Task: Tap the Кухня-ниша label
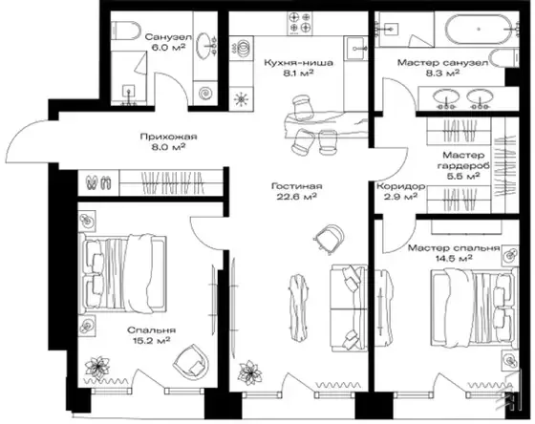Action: click(x=298, y=63)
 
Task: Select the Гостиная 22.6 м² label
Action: click(x=296, y=191)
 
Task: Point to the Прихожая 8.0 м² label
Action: click(x=168, y=141)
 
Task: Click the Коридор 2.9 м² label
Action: click(x=400, y=191)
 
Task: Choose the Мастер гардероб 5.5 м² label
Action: click(x=463, y=165)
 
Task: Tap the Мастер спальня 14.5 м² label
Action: click(x=454, y=253)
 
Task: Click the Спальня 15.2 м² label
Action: click(x=152, y=335)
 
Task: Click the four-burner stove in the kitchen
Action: click(x=300, y=23)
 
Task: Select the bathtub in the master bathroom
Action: click(x=479, y=29)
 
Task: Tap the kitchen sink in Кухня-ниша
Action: click(x=355, y=49)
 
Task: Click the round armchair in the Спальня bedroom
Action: click(x=191, y=361)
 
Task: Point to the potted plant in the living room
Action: click(x=250, y=372)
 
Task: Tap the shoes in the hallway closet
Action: click(x=98, y=182)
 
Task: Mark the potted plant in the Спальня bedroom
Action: click(x=97, y=368)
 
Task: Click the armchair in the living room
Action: click(x=329, y=238)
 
